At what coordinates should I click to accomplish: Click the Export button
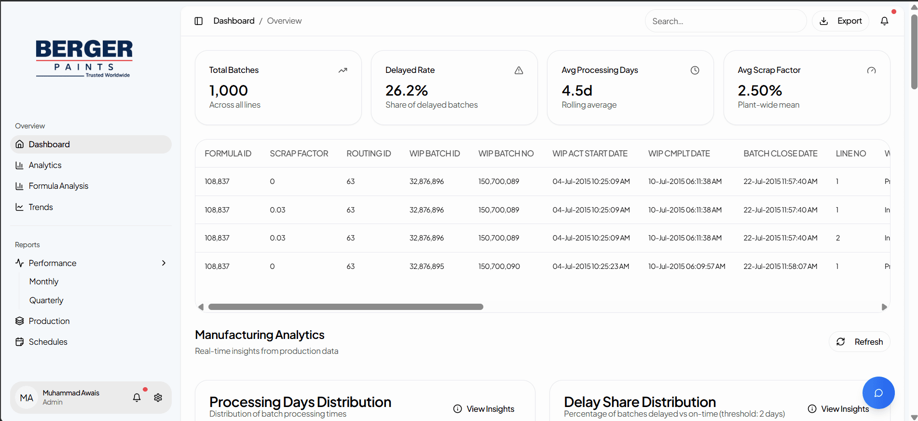[x=841, y=21]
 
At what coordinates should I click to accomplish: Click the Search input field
[x=725, y=21]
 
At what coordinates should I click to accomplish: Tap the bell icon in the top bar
[x=884, y=21]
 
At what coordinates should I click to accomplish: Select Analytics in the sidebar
[x=45, y=165]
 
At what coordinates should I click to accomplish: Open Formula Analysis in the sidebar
[x=58, y=186]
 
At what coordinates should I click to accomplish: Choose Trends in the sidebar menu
[x=41, y=207]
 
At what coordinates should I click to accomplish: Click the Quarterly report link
[x=46, y=300]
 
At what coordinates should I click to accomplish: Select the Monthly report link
[x=44, y=281]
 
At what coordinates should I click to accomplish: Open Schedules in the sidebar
[x=48, y=342]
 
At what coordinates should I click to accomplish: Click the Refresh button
[x=860, y=342]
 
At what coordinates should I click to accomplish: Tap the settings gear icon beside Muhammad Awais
[x=158, y=398]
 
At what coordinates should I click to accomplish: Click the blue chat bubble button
[x=878, y=393]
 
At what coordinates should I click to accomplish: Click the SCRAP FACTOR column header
[x=299, y=154]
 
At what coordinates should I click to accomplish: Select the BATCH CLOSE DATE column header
[x=780, y=154]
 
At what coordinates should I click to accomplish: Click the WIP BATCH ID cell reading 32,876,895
[x=426, y=267]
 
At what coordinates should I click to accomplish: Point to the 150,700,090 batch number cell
[x=499, y=267]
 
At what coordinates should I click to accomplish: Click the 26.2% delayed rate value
[x=407, y=90]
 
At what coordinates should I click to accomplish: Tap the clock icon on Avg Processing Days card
[x=695, y=70]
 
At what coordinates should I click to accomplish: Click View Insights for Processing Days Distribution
[x=484, y=409]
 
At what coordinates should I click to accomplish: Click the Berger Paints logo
[x=84, y=58]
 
